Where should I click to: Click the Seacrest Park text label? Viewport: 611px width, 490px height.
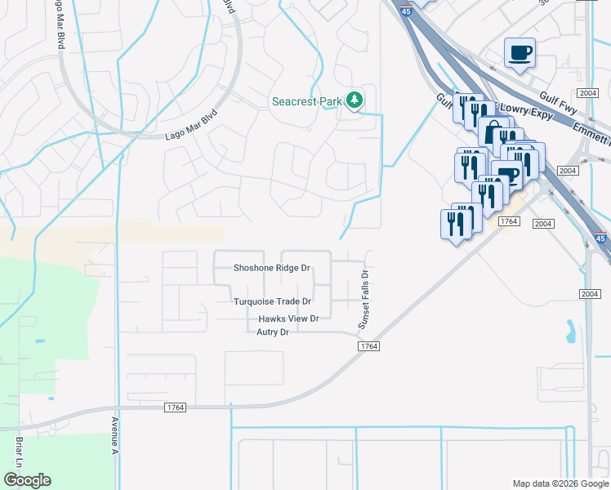click(x=306, y=101)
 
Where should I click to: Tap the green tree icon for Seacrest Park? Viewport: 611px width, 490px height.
click(x=354, y=100)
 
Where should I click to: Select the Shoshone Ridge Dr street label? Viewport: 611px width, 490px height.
click(x=271, y=268)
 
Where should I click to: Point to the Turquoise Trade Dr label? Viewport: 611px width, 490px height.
click(x=273, y=301)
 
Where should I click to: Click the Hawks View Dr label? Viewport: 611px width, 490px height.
click(x=288, y=318)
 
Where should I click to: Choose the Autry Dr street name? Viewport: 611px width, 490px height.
click(x=273, y=332)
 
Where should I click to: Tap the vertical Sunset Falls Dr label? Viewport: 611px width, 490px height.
click(x=365, y=301)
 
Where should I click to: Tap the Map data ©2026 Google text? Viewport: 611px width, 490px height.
click(x=560, y=483)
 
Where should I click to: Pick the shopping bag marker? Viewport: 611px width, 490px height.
click(x=493, y=132)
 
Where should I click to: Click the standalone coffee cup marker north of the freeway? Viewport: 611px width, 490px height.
click(x=520, y=54)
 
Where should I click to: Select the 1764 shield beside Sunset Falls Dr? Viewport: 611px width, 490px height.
click(x=368, y=347)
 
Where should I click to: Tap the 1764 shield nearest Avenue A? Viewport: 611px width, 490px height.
click(x=175, y=408)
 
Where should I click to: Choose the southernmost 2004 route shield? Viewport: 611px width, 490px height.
click(x=590, y=294)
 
